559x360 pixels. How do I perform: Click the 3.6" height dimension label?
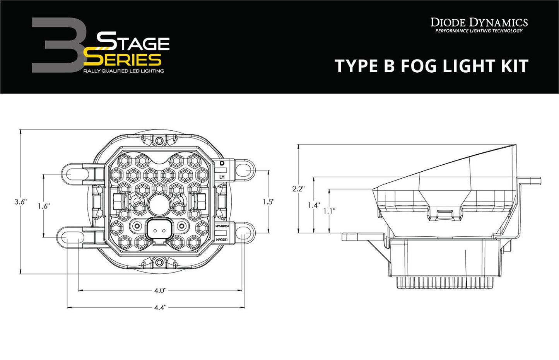pyautogui.click(x=20, y=202)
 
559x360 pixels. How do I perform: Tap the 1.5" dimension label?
pyautogui.click(x=268, y=201)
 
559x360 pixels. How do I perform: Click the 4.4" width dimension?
pyautogui.click(x=160, y=308)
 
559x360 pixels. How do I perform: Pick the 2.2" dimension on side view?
pyautogui.click(x=298, y=189)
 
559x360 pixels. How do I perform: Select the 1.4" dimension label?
pyautogui.click(x=314, y=205)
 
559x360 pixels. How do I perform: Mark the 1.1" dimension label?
pyautogui.click(x=329, y=211)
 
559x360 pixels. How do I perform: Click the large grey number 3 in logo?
pyautogui.click(x=57, y=45)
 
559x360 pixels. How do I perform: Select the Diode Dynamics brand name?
pyautogui.click(x=479, y=22)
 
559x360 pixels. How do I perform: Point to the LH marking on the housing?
pyautogui.click(x=222, y=177)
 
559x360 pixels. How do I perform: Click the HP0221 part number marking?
pyautogui.click(x=222, y=240)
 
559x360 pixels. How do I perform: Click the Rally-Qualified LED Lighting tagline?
pyautogui.click(x=123, y=71)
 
